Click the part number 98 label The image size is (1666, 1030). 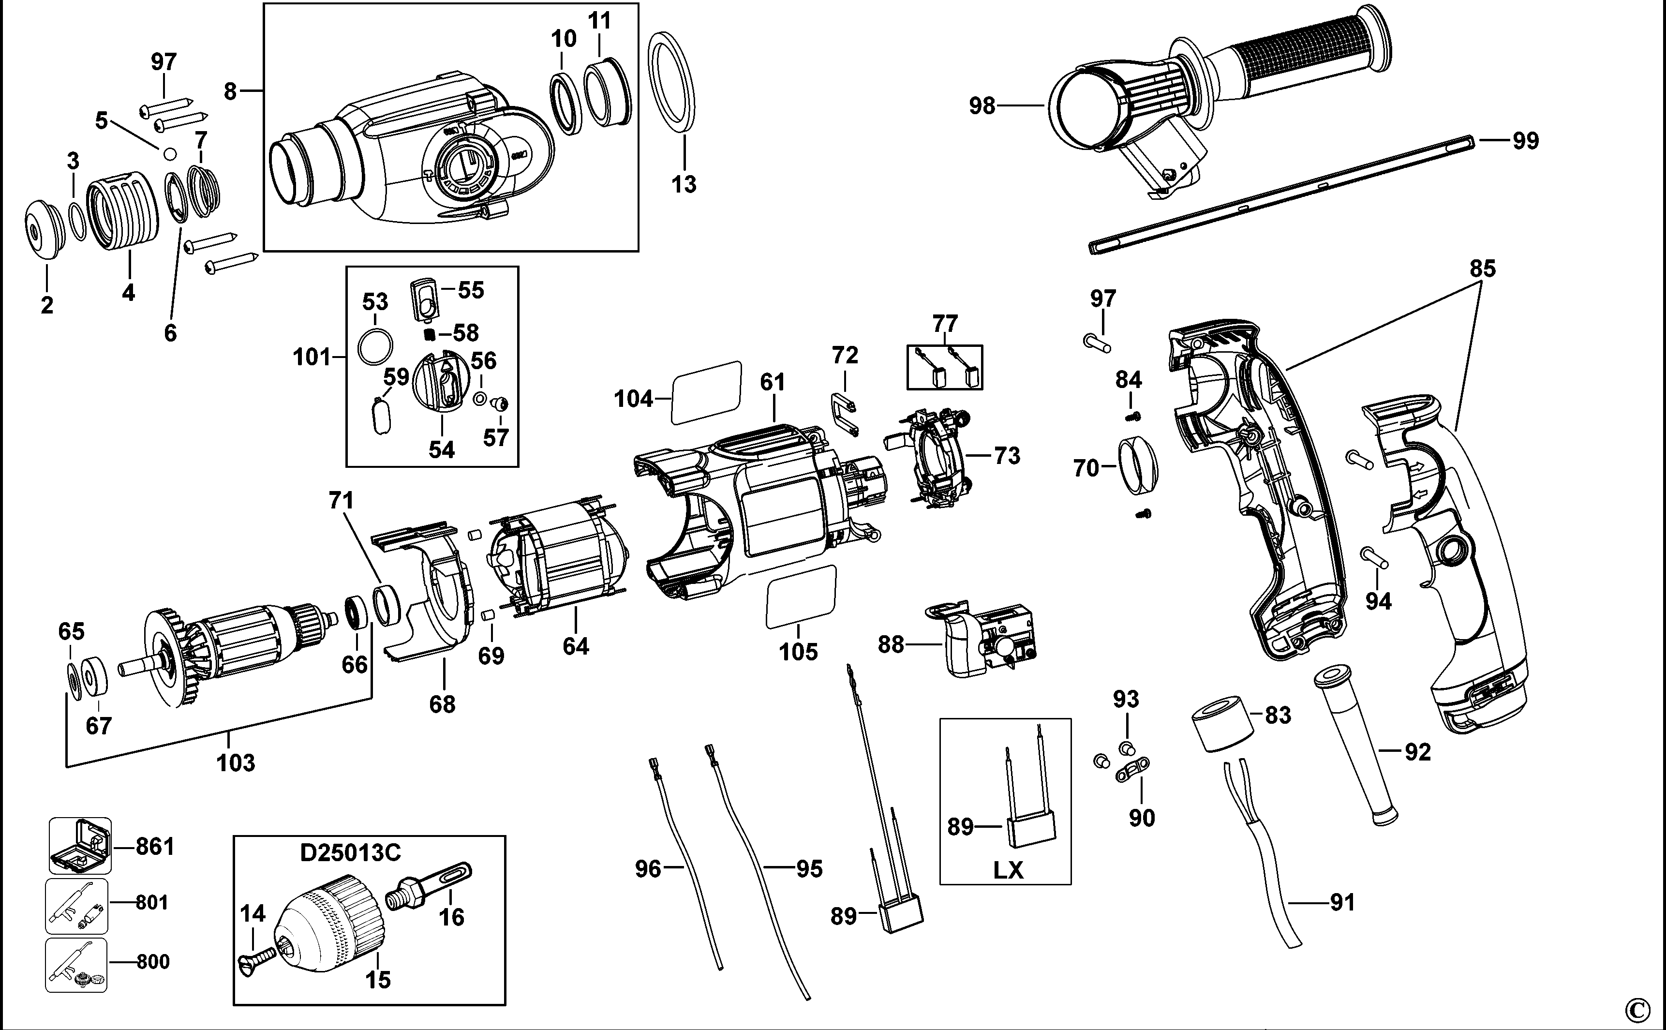(x=982, y=106)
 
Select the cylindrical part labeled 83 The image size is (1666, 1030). (x=1222, y=723)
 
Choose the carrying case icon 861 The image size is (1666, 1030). (x=80, y=846)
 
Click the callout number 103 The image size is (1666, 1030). (x=236, y=762)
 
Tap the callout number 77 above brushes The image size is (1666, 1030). (x=945, y=323)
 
